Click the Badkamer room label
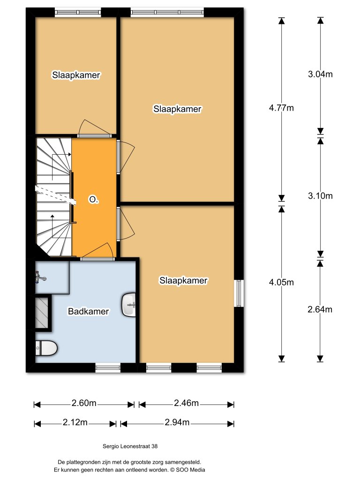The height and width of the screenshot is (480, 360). coord(89,311)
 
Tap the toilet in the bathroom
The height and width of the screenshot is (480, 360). coord(46,348)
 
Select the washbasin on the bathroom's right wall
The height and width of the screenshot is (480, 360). coord(129,305)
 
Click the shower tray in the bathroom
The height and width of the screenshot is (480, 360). coord(42,312)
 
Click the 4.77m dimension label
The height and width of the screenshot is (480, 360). coord(281,108)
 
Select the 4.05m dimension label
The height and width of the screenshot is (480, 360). coord(281,282)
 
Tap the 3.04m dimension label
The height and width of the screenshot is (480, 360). coord(320,74)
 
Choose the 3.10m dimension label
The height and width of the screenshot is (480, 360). coord(320,196)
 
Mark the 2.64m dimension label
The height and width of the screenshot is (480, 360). coord(320,309)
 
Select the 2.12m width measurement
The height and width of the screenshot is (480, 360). coord(75,423)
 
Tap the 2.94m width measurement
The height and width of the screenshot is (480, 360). coord(177,423)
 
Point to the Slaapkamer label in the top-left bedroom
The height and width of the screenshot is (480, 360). coord(76,75)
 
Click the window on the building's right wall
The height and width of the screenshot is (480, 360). coord(239,293)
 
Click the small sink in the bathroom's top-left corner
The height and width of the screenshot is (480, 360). coord(40,279)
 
